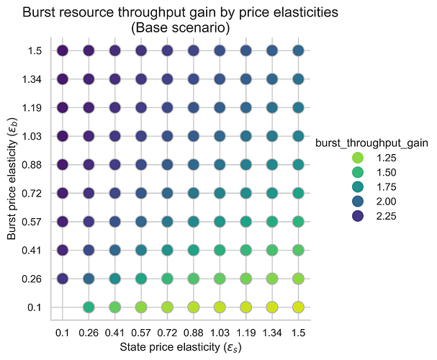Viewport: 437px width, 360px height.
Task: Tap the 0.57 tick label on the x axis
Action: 141,333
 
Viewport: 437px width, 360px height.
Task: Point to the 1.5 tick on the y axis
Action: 43,50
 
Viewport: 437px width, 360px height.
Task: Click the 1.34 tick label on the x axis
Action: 272,333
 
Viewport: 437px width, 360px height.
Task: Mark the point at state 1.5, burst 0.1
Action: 298,307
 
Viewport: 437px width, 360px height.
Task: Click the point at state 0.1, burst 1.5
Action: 63,50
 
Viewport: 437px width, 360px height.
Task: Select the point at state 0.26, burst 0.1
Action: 89,307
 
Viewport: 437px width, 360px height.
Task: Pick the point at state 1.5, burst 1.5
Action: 298,50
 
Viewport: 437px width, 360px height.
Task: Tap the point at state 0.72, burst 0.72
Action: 167,193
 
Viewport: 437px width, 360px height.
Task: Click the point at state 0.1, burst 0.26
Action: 63,279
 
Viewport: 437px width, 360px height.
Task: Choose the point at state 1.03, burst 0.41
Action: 220,250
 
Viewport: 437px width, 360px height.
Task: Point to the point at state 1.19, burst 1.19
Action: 245,107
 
